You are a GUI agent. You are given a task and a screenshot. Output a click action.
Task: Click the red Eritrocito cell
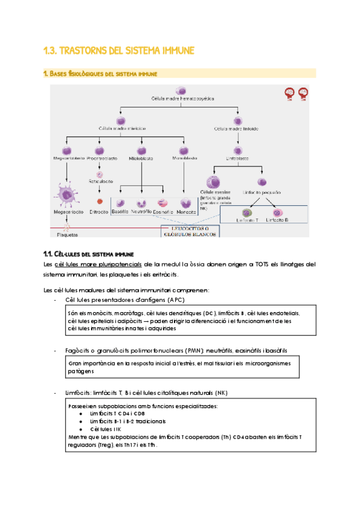point(100,202)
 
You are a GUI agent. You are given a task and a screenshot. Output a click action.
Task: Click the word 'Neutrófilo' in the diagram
point(141,212)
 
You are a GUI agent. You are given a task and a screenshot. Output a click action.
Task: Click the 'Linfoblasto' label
point(238,158)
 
